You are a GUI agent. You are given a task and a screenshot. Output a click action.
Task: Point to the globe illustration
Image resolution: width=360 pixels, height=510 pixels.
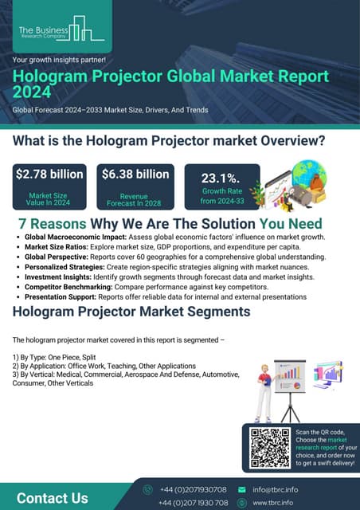coord(309,178)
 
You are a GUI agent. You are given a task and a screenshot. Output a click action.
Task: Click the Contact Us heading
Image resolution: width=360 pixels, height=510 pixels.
coord(53,498)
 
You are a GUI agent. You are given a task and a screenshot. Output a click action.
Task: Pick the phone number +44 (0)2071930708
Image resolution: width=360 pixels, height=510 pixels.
coord(194,489)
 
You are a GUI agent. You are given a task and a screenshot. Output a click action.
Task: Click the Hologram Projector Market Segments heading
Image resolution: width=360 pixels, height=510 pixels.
coord(131,312)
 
